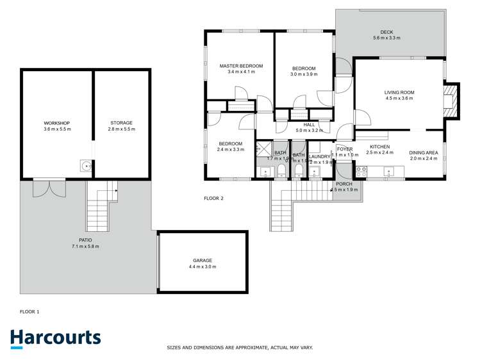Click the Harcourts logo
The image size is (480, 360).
click(56, 338)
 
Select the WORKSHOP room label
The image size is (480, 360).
click(56, 123)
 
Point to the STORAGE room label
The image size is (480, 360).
click(121, 123)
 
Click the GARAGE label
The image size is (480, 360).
click(203, 260)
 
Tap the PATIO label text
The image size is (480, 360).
click(85, 241)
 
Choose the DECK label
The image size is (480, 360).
click(386, 32)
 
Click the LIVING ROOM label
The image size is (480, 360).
click(399, 92)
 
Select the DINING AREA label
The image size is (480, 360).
click(424, 152)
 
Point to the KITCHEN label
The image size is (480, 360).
click(380, 147)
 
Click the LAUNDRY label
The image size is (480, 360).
click(319, 156)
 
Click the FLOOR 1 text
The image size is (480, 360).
click(29, 311)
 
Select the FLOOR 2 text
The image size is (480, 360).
click(213, 199)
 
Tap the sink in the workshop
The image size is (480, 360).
click(85, 166)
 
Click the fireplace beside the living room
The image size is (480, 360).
click(453, 101)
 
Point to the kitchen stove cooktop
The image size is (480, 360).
click(361, 172)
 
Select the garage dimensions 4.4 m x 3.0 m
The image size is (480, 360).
click(203, 266)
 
